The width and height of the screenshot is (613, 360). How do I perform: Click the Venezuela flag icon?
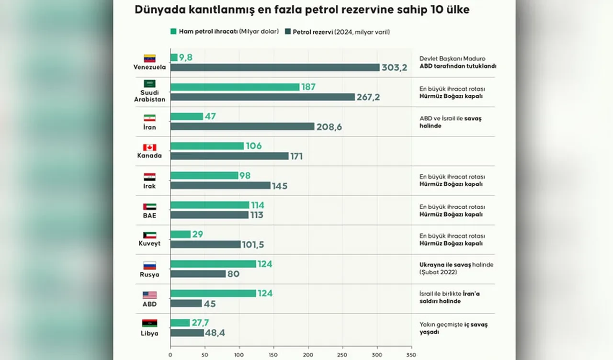point(150,58)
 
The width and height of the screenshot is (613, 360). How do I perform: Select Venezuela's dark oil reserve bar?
point(275,67)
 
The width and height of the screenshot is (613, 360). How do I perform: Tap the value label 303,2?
point(394,67)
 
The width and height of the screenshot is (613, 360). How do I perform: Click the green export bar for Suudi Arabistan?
point(235,87)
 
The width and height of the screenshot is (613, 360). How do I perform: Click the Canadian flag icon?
point(150,147)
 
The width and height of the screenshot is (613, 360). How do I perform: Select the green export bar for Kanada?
point(207,146)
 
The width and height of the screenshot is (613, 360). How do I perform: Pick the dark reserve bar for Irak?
point(220,185)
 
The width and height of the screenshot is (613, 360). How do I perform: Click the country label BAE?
point(149,215)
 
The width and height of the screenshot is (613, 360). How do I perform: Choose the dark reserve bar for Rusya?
point(198,274)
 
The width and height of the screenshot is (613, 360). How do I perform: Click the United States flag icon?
point(150,295)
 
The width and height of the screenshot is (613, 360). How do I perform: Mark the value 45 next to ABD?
point(210,304)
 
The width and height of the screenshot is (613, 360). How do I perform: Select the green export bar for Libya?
point(180,323)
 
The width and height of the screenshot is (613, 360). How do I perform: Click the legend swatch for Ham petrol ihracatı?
point(173,32)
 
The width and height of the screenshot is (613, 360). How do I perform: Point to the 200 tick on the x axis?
point(308,355)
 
